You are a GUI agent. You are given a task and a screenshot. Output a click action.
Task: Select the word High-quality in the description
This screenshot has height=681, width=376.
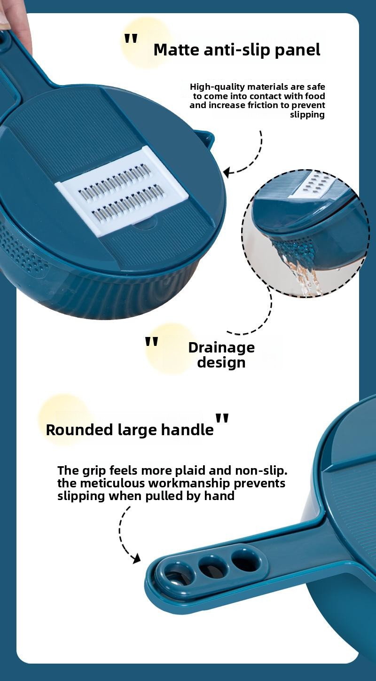[x=217, y=87]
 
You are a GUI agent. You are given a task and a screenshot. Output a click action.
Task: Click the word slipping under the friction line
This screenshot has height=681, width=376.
[x=307, y=115]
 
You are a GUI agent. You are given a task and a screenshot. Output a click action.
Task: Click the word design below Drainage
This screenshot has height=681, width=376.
[x=221, y=363]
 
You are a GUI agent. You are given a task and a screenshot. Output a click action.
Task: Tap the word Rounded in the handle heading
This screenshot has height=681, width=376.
[x=79, y=430]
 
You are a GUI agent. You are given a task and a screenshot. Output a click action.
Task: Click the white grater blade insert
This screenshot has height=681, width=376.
[x=120, y=191]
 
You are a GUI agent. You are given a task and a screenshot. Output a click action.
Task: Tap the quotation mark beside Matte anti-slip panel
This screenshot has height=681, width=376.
[x=131, y=39]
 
